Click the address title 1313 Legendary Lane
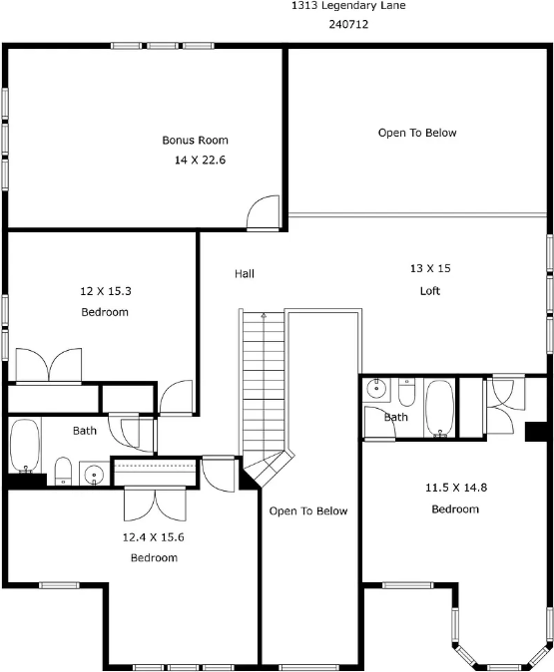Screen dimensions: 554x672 click(x=348, y=6)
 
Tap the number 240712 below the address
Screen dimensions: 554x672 click(x=348, y=25)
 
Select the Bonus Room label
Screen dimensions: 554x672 click(x=196, y=141)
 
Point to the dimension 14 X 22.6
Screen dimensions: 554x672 click(x=200, y=160)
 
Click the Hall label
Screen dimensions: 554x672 click(x=245, y=273)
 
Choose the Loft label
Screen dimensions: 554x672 click(x=430, y=291)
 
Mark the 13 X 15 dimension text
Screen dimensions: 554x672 click(x=430, y=268)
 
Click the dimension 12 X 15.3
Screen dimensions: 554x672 click(x=106, y=291)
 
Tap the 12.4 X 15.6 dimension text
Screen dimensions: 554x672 click(x=153, y=537)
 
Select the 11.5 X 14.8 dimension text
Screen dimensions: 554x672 click(x=456, y=488)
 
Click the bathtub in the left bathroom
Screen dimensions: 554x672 click(x=25, y=446)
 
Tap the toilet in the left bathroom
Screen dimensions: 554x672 click(x=63, y=471)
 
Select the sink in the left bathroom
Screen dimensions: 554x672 click(x=94, y=474)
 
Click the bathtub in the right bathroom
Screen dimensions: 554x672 click(x=439, y=408)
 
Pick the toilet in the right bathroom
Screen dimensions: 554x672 click(x=406, y=392)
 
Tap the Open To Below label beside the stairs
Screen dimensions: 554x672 click(x=308, y=510)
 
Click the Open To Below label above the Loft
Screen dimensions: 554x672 click(x=417, y=133)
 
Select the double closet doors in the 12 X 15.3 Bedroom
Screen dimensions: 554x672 click(x=49, y=365)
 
